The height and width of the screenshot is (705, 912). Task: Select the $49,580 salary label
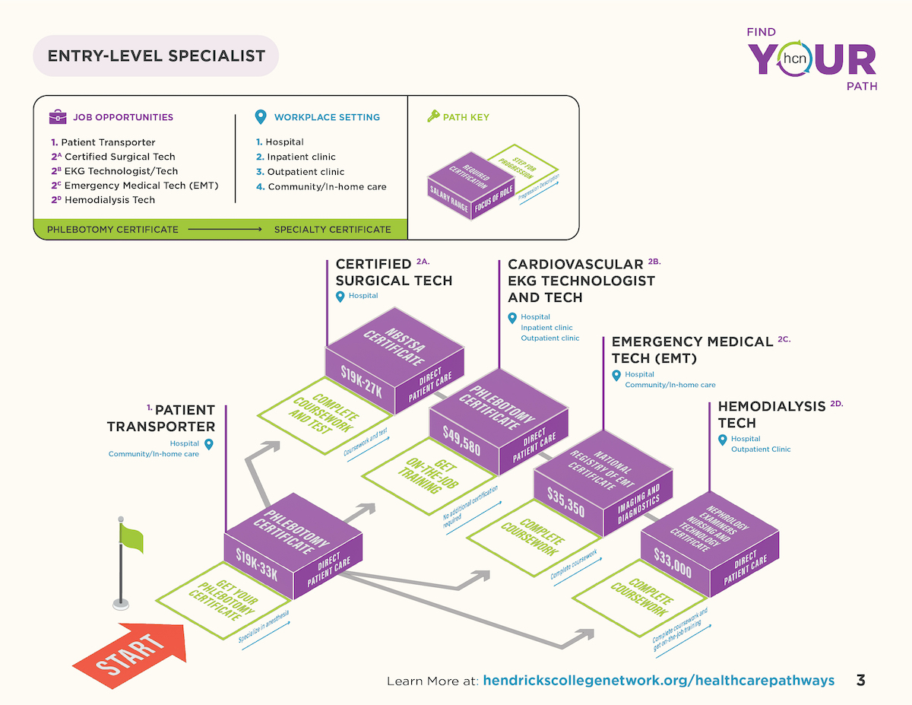click(461, 440)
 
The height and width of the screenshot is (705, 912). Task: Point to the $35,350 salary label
click(565, 502)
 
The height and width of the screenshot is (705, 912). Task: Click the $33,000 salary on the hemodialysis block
click(673, 563)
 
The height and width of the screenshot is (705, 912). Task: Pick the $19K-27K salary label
click(361, 381)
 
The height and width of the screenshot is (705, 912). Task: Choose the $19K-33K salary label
click(257, 564)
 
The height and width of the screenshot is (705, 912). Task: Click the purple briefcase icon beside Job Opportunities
click(58, 116)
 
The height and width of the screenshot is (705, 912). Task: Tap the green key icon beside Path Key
click(433, 116)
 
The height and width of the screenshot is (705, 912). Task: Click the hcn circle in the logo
click(794, 59)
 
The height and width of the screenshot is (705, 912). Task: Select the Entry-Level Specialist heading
click(156, 56)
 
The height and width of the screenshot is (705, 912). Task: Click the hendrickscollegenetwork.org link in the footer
click(658, 680)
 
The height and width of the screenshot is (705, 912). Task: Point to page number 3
click(861, 680)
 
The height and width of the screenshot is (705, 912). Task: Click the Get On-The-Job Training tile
click(429, 476)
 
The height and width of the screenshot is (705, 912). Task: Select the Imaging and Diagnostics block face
click(638, 503)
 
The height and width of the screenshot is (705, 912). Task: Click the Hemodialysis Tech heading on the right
click(772, 414)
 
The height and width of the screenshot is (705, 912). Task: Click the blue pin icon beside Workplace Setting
click(261, 116)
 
